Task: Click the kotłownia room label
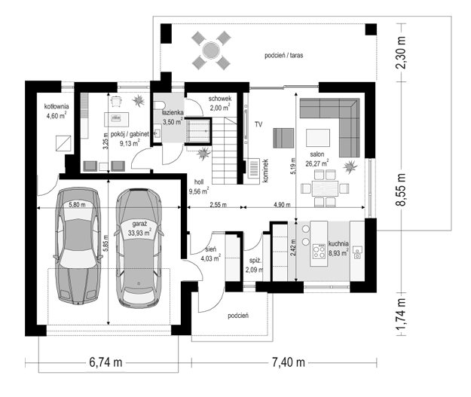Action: [x=57, y=106]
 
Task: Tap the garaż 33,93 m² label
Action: [x=139, y=228]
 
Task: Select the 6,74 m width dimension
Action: [x=106, y=362]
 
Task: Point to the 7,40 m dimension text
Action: [x=289, y=362]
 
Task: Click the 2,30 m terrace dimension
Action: [x=401, y=53]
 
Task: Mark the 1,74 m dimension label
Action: [x=401, y=314]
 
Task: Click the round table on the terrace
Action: [x=211, y=50]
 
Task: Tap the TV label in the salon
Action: [x=258, y=124]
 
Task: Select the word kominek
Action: [x=265, y=170]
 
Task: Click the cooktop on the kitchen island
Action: [x=319, y=252]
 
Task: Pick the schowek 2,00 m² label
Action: [x=219, y=103]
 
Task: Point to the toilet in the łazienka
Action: [x=159, y=105]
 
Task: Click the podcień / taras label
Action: [x=283, y=55]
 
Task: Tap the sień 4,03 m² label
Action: [x=210, y=254]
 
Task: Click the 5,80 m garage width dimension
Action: [x=77, y=205]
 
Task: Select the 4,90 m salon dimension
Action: [x=282, y=205]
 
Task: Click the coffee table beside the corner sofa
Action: [x=318, y=138]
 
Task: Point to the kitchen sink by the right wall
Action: [x=357, y=252]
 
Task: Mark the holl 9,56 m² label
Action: [x=198, y=187]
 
